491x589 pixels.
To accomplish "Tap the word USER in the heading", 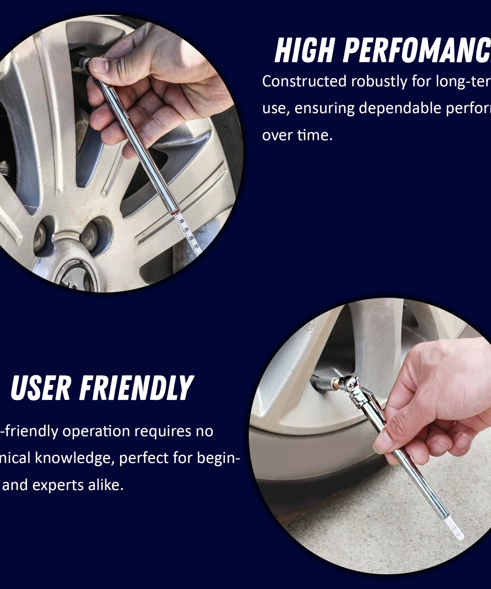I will (x=41, y=388).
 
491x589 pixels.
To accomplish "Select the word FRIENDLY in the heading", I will (x=136, y=388).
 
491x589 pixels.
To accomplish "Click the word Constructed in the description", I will (x=304, y=81).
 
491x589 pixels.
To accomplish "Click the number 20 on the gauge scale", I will (x=191, y=238).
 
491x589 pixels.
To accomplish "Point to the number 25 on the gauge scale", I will (x=187, y=230).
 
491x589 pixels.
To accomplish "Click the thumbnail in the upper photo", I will (x=100, y=65).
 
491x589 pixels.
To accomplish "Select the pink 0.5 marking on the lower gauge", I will (x=454, y=528).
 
